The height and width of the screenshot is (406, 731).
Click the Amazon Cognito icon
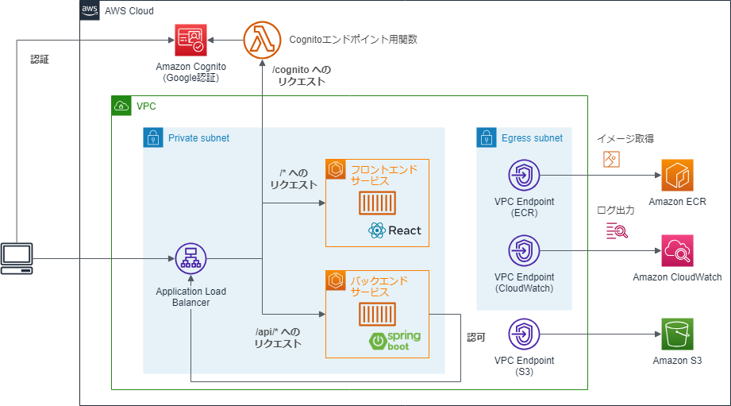pos(190,39)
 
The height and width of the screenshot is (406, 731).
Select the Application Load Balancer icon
pos(190,258)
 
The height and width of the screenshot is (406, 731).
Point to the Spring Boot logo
pos(394,341)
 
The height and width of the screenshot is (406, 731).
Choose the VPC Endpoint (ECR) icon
pos(524,176)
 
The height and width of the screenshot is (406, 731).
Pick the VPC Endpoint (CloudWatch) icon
pos(524,250)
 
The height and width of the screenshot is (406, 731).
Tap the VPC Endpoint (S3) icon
pos(524,334)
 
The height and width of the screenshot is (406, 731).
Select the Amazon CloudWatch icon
pos(677,250)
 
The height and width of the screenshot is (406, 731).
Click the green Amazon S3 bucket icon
pos(677,334)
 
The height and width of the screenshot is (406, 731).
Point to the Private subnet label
pos(198,138)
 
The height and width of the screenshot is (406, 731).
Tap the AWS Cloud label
pos(129,11)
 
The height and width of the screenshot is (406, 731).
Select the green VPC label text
pos(146,106)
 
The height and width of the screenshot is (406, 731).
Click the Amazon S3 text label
pos(677,361)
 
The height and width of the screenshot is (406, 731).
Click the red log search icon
pos(618,230)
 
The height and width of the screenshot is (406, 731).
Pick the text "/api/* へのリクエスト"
pos(278,338)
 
